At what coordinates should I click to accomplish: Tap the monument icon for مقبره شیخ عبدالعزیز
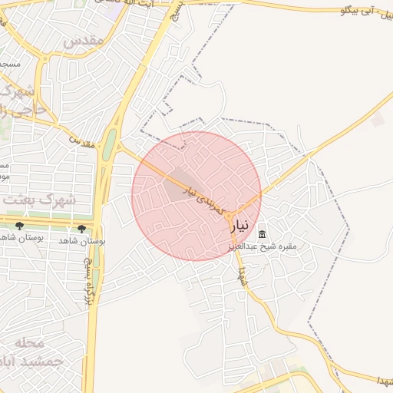(263, 233)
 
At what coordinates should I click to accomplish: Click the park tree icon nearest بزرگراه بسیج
(81, 228)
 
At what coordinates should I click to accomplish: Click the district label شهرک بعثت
(39, 200)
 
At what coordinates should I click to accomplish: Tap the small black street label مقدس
(83, 141)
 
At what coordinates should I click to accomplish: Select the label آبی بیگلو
(362, 12)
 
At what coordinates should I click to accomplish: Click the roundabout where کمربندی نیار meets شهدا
(233, 215)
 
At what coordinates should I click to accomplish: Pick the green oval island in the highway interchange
(109, 144)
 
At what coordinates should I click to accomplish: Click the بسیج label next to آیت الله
(179, 9)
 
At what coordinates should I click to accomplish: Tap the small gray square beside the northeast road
(376, 120)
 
